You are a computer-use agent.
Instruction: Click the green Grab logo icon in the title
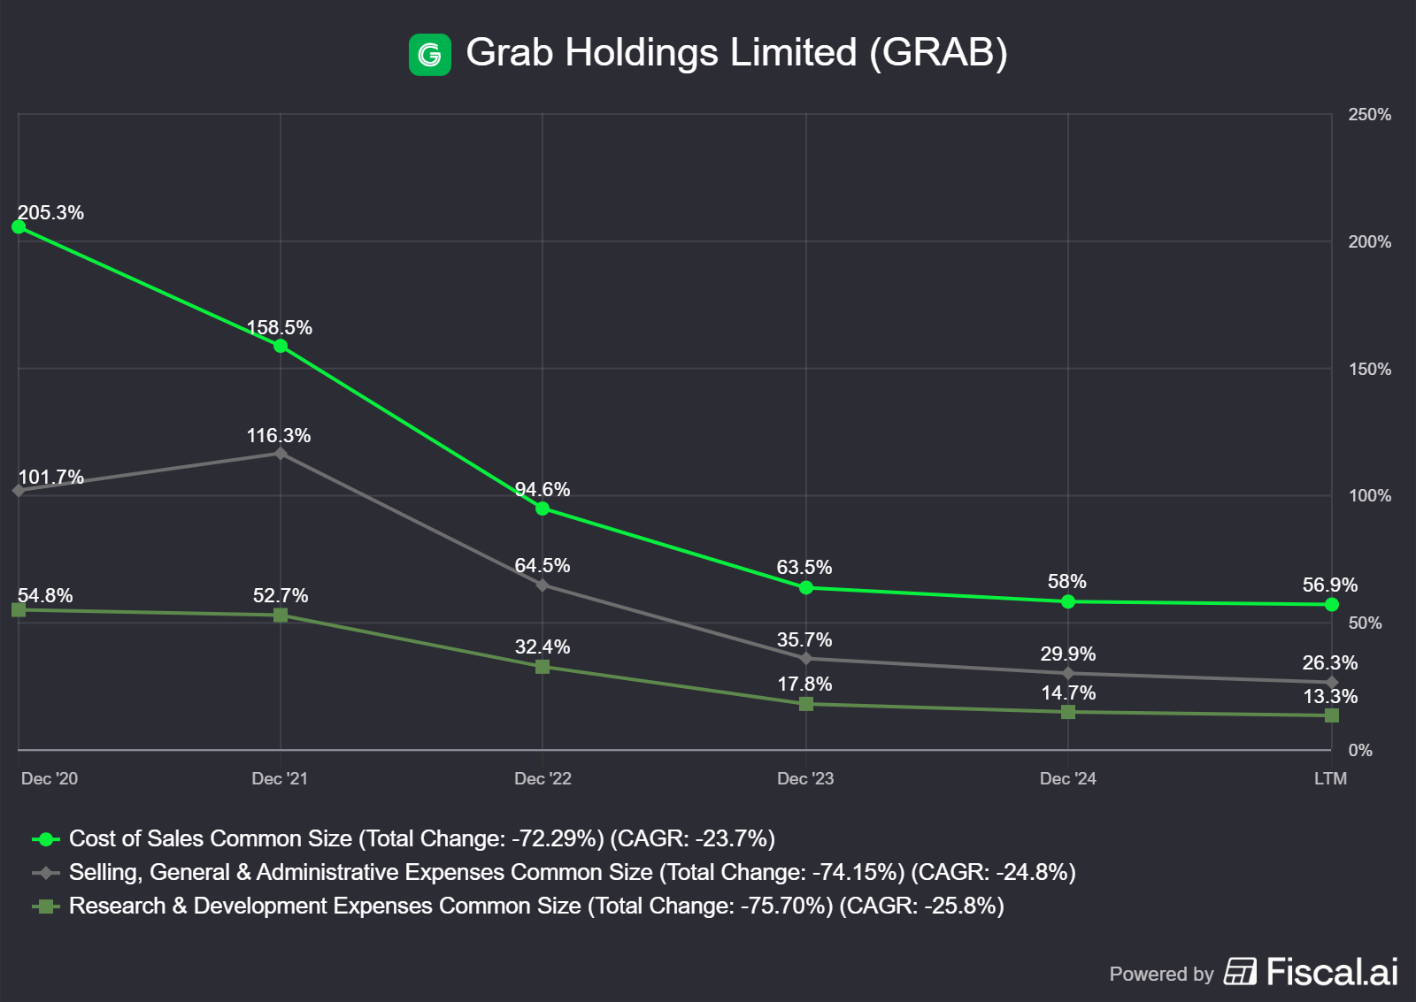click(429, 55)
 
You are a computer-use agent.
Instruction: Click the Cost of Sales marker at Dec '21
click(281, 346)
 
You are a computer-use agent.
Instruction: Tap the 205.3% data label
click(51, 213)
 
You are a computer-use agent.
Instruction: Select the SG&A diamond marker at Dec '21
click(281, 454)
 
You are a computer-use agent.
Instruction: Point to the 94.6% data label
click(543, 490)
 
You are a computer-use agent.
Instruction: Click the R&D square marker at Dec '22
click(543, 667)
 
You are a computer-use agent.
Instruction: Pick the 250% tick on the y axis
click(1369, 115)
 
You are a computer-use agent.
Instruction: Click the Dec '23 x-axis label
click(805, 779)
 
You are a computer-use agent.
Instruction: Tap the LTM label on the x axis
click(1330, 779)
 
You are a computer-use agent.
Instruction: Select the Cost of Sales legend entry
click(421, 839)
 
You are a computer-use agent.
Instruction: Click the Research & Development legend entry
click(535, 906)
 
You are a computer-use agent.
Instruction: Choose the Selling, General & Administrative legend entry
click(572, 873)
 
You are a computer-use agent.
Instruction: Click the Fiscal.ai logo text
click(1332, 972)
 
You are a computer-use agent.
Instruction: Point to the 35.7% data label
click(804, 640)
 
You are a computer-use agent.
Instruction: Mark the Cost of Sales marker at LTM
click(1331, 605)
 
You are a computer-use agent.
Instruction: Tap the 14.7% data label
click(1068, 693)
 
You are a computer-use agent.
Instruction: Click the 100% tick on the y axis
click(1369, 496)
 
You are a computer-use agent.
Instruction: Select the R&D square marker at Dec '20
click(19, 610)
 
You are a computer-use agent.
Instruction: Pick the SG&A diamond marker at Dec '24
click(1068, 674)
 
